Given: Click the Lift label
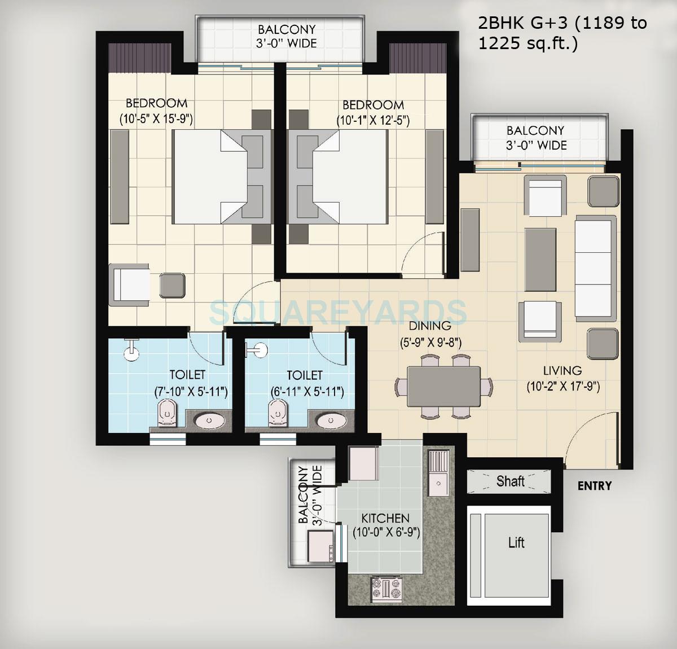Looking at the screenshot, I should click(516, 543).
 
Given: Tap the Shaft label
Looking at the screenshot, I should click(510, 481).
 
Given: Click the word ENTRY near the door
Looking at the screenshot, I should click(594, 486).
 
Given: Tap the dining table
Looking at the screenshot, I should click(443, 385).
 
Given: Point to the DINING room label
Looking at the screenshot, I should click(430, 326).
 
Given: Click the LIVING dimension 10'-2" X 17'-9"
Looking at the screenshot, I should click(562, 387).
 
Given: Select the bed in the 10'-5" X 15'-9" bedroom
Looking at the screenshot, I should click(209, 177).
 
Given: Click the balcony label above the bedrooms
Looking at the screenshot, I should click(287, 36).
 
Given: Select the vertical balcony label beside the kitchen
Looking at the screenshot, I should click(310, 495).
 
